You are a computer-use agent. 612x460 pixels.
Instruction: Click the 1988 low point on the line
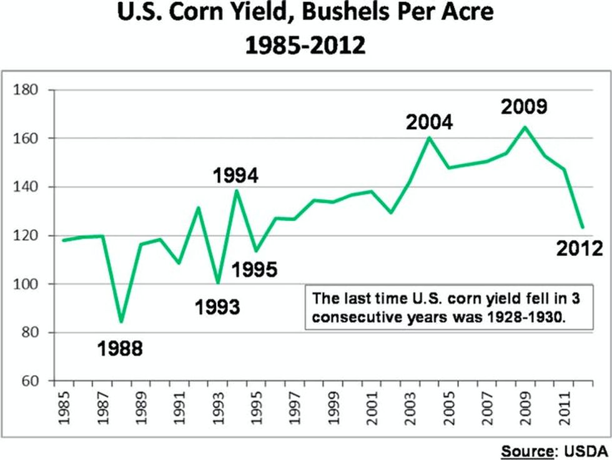pos(121,322)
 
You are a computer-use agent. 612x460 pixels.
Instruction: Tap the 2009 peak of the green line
pos(525,127)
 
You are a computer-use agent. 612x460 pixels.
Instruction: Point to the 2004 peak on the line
pos(429,137)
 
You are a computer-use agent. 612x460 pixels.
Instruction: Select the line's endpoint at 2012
pos(582,227)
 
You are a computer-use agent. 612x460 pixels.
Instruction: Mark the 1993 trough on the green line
pos(217,283)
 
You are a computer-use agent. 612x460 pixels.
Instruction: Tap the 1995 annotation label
pos(254,270)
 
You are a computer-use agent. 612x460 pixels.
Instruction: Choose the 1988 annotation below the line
pos(120,348)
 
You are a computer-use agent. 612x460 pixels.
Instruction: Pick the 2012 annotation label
pos(579,249)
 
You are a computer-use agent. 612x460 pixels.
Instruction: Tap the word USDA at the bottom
pos(586,449)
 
